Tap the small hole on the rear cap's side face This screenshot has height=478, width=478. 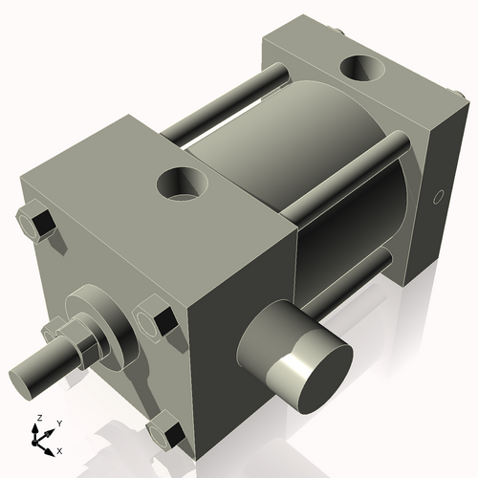click(x=439, y=197)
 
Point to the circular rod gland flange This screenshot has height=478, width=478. click(x=105, y=315)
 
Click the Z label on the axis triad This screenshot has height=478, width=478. click(x=37, y=419)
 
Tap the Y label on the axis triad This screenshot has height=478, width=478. click(x=58, y=422)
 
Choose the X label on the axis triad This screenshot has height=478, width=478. click(x=59, y=449)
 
